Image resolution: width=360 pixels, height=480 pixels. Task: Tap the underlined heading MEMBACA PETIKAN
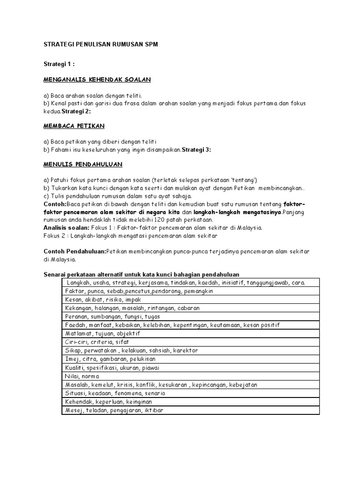(x=74, y=126)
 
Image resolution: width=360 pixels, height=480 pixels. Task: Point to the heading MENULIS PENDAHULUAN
(x=83, y=165)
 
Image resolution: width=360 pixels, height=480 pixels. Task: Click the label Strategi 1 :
(x=59, y=64)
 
